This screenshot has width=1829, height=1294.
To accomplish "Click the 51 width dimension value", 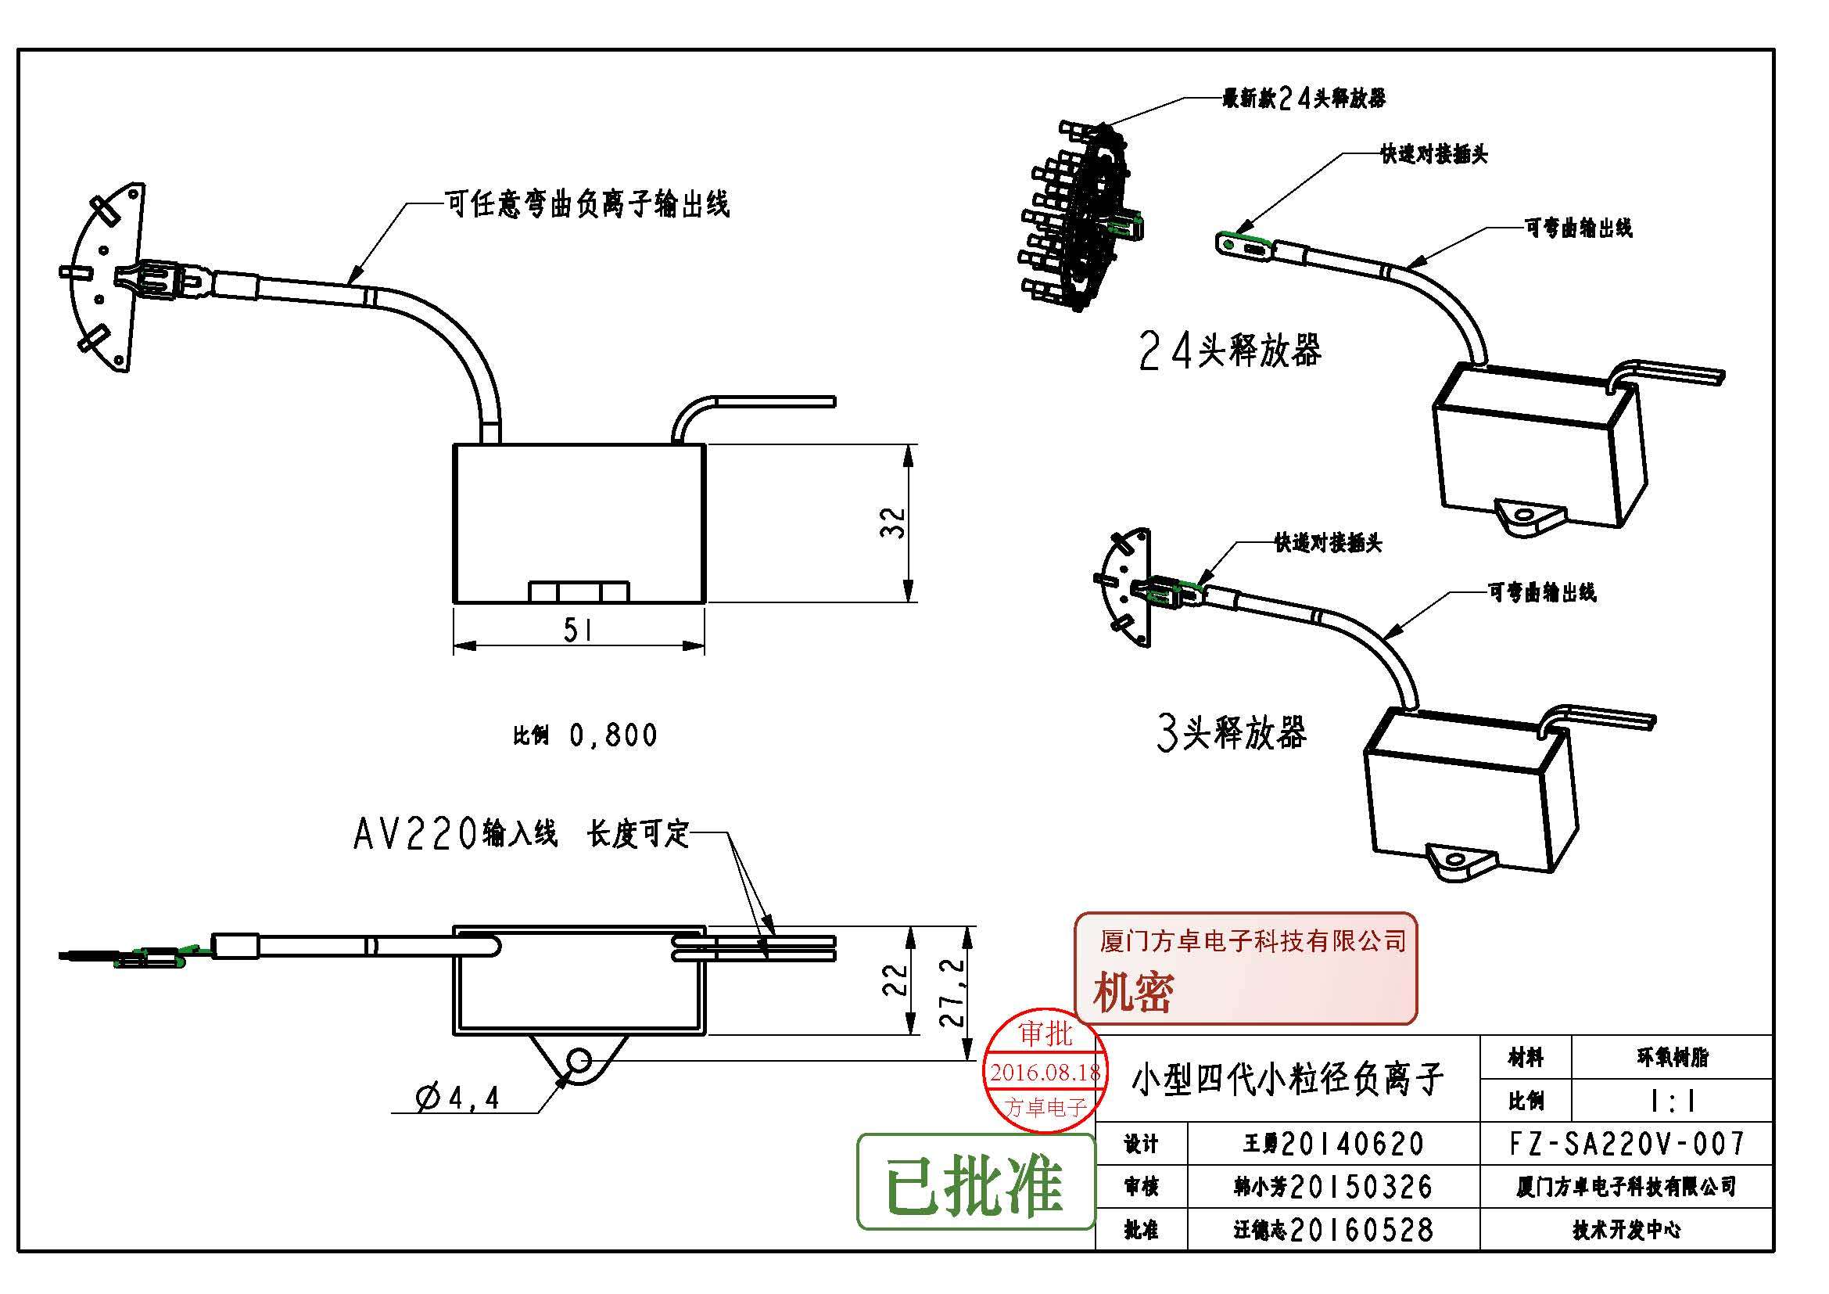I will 578,631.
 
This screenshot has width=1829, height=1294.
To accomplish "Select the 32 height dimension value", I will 895,522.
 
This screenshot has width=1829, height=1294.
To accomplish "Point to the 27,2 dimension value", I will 955,992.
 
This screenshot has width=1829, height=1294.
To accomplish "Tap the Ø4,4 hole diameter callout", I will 458,1098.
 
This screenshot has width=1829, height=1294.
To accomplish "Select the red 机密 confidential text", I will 1133,993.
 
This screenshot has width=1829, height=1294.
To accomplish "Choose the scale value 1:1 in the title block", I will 1673,1102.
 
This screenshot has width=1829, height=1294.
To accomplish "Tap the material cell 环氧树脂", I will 1673,1058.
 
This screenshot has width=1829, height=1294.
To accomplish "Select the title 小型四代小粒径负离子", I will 1287,1080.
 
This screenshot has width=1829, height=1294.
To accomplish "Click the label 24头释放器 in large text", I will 1231,350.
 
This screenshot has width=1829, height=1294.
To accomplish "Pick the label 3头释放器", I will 1232,732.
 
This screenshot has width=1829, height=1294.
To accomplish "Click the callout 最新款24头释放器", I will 1304,98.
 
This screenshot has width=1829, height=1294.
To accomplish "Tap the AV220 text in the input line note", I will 415,834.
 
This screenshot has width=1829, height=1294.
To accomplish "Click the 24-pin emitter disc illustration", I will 1075,217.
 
